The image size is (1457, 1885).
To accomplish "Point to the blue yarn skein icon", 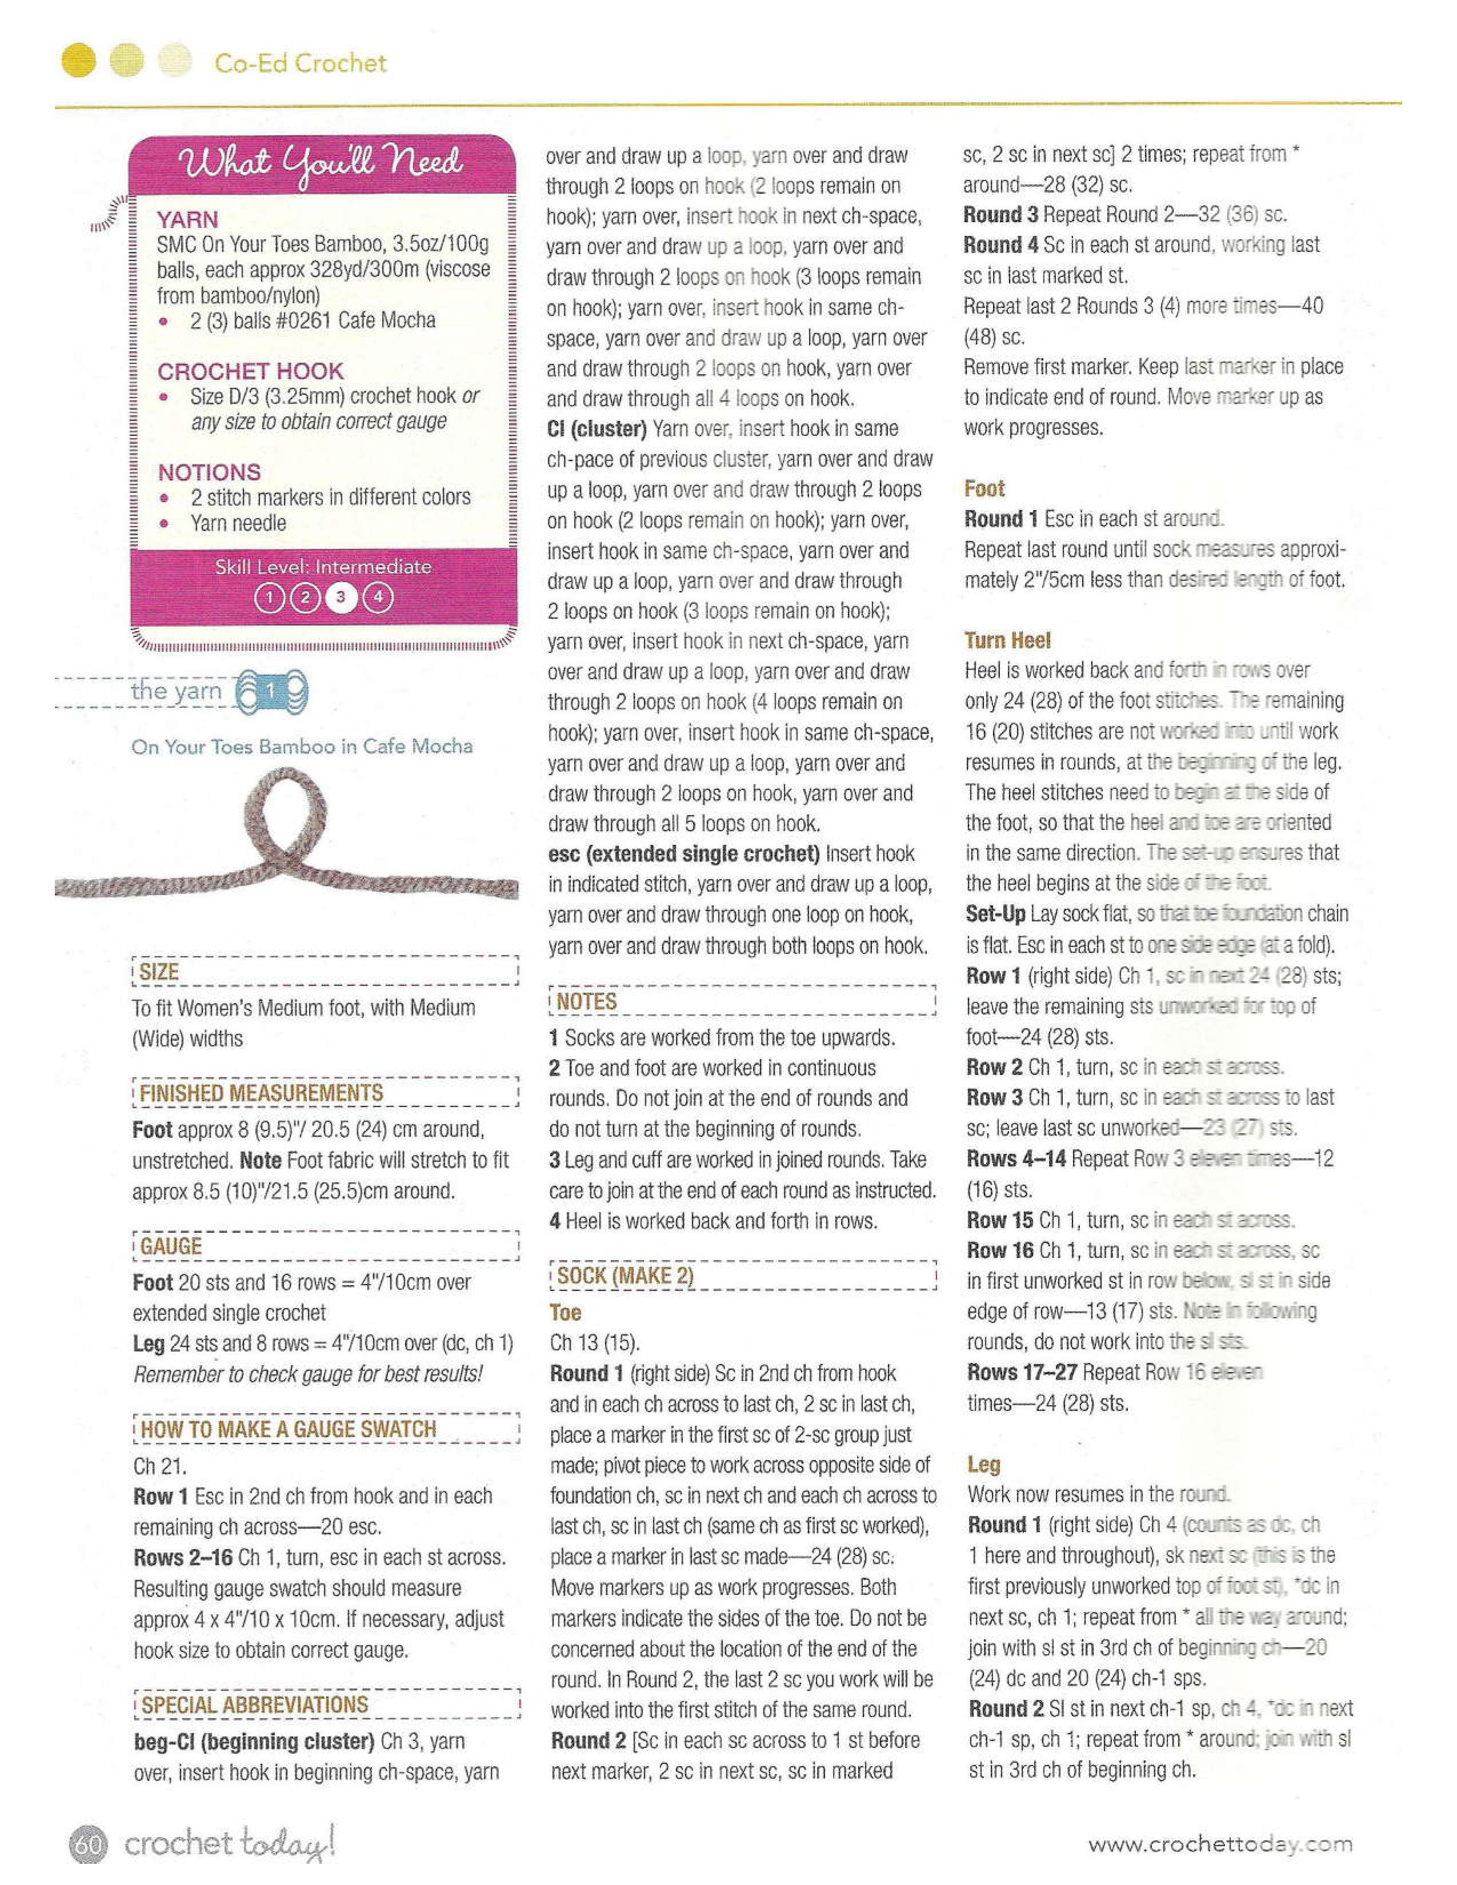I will coord(272,691).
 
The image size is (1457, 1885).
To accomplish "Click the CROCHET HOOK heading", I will coord(250,371).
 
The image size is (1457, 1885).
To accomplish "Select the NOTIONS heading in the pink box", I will coord(209,472).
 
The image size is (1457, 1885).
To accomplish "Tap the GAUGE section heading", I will coord(170,1246).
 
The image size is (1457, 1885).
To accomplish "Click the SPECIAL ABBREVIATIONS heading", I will coord(255,1704).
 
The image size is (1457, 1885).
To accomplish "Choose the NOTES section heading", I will coord(587,1001).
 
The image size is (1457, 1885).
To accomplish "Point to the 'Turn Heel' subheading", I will coord(1007,640).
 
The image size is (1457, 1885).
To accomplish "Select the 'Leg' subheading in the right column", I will coord(983,1464).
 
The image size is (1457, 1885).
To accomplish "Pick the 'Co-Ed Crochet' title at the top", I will coord(301,63).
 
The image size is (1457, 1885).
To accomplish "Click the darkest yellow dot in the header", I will coord(79,61).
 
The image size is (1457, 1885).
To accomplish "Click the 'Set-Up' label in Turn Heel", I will coord(995,914).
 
